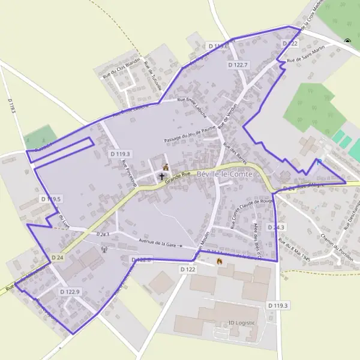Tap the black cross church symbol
point(161,177)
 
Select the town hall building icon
point(166,167)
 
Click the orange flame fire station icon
point(219,261)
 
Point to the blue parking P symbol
point(319,162)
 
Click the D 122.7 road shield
point(238,64)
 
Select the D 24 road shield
point(57,257)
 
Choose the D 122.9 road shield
point(70,291)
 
